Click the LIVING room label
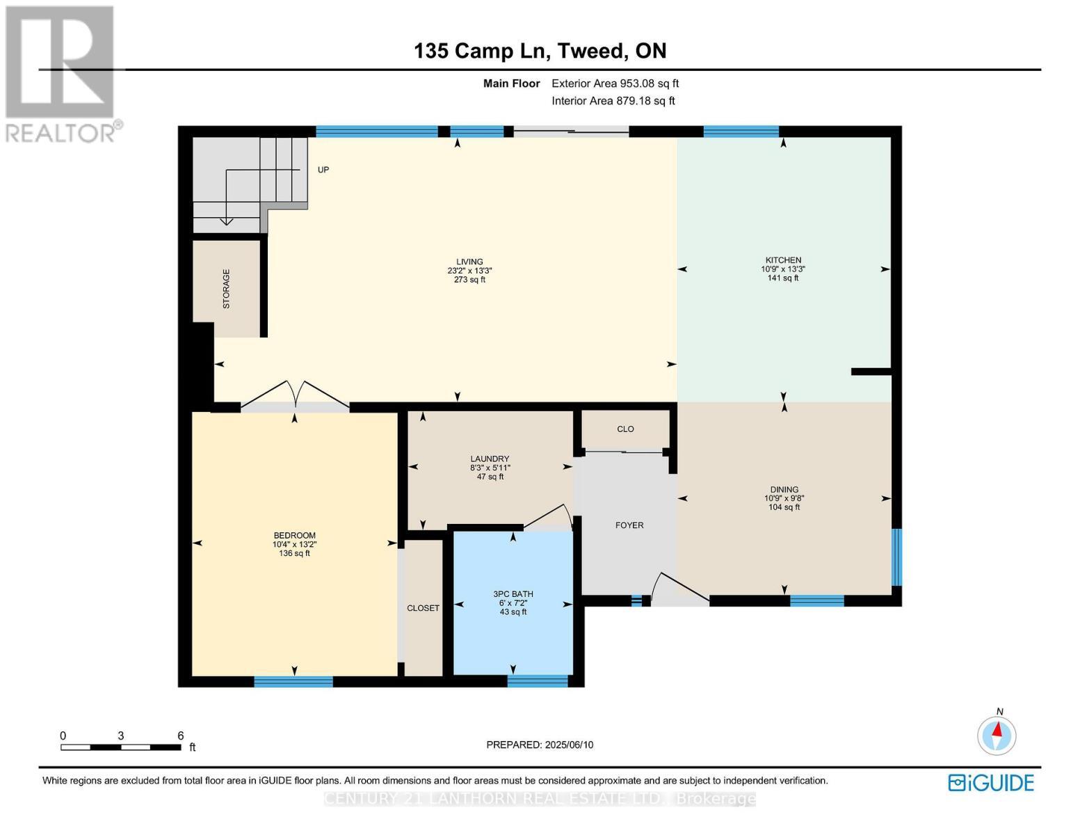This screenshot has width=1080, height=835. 469,262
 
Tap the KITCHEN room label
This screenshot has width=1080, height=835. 783,260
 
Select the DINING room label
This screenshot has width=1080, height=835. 784,489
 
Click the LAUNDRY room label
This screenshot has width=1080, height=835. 490,459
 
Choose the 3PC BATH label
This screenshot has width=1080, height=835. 513,594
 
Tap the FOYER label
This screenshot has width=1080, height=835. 629,525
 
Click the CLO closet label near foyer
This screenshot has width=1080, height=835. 625,429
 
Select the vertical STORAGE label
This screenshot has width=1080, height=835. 226,289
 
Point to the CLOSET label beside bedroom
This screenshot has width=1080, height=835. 423,608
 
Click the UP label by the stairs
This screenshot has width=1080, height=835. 323,170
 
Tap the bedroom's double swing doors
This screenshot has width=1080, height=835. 295,396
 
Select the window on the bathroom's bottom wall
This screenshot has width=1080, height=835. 538,681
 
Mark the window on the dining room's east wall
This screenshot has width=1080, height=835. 896,557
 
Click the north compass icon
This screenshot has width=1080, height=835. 997,735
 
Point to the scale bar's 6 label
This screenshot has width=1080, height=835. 180,735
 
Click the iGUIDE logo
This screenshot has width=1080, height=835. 991,783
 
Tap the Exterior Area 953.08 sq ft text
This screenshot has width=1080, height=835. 615,83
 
